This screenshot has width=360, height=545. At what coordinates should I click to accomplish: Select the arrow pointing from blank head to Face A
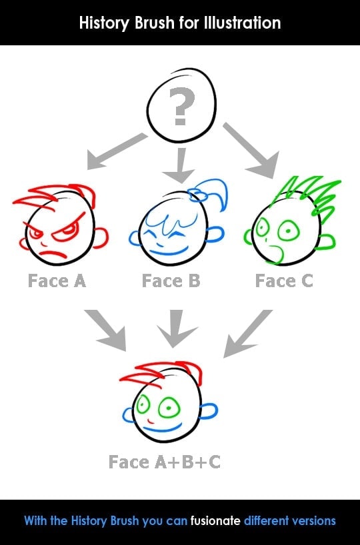click(117, 151)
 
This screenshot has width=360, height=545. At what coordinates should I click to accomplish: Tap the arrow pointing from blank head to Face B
click(179, 165)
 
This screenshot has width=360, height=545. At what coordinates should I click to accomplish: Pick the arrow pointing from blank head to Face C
click(251, 150)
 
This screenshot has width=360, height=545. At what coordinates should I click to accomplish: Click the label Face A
click(57, 281)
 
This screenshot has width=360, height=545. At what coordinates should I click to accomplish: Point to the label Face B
click(171, 281)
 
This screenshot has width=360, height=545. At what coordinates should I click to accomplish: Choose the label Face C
click(284, 281)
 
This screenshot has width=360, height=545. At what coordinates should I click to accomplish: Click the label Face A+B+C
click(165, 462)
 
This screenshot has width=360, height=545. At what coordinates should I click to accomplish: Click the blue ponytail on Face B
click(209, 194)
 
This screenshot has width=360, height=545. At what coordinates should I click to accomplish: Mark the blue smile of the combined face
click(163, 428)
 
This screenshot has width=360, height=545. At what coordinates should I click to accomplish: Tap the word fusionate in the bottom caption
click(215, 520)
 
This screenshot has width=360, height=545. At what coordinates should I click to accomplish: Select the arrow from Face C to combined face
click(247, 334)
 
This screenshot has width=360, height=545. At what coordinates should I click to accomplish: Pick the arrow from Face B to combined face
click(177, 328)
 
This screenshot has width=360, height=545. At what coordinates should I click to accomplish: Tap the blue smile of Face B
click(169, 251)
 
